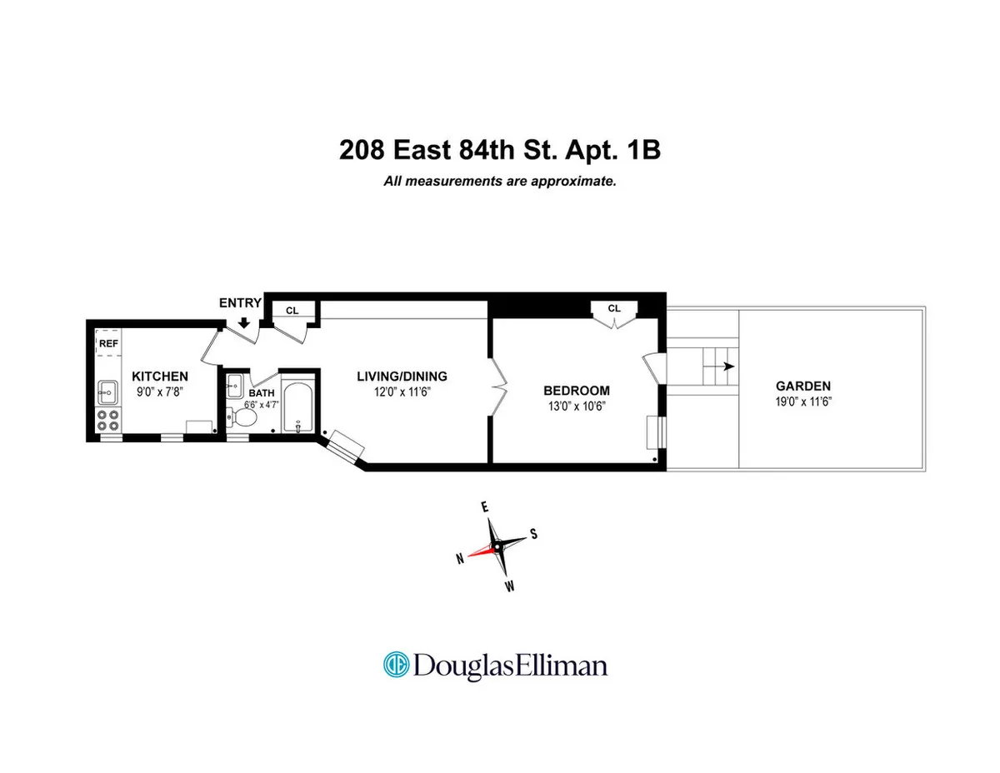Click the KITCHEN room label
[x=159, y=376]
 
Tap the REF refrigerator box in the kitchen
[x=108, y=342]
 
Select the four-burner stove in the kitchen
[x=108, y=419]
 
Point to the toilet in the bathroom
[x=244, y=415]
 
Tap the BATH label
[x=262, y=393]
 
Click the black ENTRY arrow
[x=244, y=322]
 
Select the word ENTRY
[x=240, y=303]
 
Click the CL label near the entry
[x=292, y=311]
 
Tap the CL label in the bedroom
[x=614, y=308]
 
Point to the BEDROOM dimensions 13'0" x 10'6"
[x=576, y=406]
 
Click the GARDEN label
[x=802, y=386]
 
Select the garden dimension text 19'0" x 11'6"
[x=802, y=401]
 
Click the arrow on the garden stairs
[x=727, y=366]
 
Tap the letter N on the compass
[x=459, y=561]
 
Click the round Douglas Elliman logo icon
[x=394, y=665]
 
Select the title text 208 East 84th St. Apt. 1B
[x=500, y=151]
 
